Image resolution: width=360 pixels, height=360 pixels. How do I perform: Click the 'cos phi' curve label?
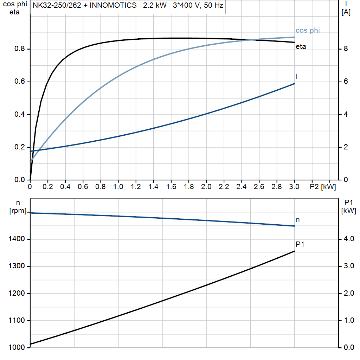308,31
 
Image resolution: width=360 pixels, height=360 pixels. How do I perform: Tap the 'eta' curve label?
301,46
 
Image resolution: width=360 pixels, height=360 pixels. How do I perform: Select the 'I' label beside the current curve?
297,76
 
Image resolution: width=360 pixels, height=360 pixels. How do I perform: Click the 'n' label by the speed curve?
298,220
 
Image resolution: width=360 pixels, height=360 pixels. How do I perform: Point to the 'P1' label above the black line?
300,244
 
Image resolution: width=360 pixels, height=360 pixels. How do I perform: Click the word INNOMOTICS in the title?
114,6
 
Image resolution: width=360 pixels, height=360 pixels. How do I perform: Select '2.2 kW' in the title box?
155,6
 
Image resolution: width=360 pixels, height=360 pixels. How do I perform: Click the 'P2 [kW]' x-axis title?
323,187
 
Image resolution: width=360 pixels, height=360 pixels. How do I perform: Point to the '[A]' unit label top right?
346,12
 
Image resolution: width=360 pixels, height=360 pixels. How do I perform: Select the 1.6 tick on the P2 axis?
171,187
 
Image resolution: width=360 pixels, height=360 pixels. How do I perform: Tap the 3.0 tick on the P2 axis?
294,187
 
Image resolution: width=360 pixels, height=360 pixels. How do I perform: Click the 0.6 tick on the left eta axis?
19,82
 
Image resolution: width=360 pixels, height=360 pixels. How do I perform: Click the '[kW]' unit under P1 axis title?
348,211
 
